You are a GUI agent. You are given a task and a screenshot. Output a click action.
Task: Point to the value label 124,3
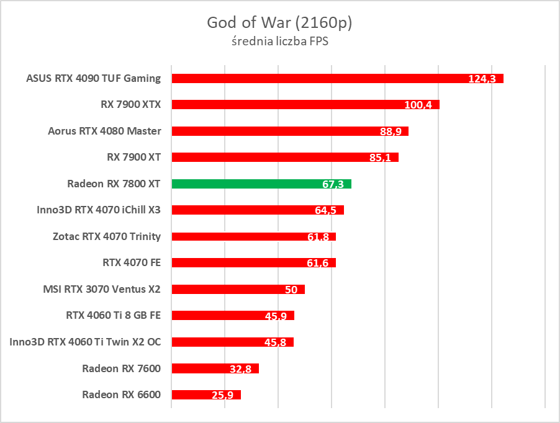click(x=482, y=79)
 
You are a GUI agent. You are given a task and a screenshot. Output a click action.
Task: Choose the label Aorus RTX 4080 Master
click(x=104, y=131)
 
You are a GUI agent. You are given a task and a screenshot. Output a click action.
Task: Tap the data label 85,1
click(x=379, y=158)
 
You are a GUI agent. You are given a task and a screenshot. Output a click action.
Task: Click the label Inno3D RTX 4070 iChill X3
click(x=99, y=210)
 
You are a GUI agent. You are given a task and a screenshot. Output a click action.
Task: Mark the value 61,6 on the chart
click(x=318, y=263)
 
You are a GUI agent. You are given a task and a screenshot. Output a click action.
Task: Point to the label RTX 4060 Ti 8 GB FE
click(x=113, y=315)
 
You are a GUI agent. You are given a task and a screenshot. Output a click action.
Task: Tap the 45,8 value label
click(x=276, y=342)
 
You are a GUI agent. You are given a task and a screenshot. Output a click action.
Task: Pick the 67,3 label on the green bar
click(x=334, y=184)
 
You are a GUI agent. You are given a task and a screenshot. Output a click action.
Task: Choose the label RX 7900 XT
click(x=133, y=157)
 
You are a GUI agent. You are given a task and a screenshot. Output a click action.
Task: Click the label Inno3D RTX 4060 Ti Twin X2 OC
click(x=85, y=341)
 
